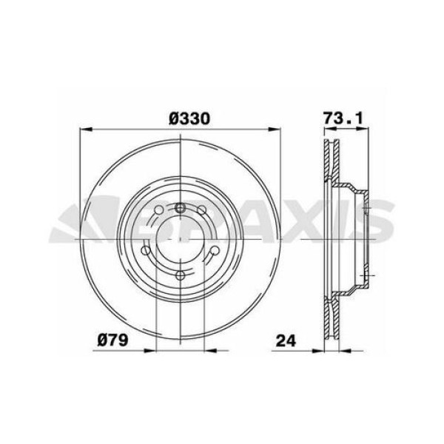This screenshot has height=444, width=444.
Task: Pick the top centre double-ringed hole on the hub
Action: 180,207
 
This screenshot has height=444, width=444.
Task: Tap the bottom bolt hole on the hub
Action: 180,276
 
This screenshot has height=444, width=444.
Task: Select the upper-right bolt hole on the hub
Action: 205,215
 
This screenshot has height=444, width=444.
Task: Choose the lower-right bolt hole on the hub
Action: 212,256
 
